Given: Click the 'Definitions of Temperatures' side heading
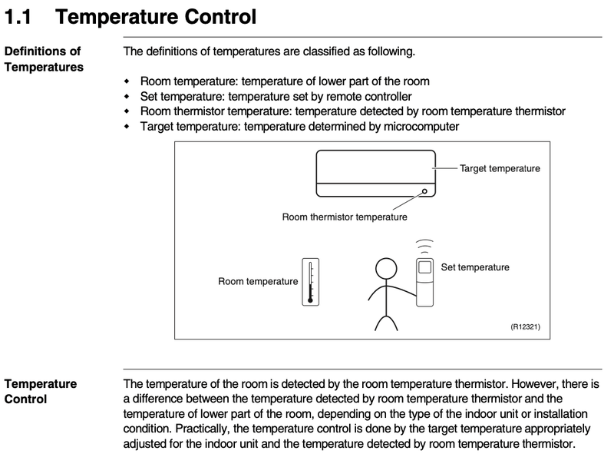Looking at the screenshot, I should (x=43, y=59).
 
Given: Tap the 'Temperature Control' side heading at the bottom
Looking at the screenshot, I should (x=41, y=391).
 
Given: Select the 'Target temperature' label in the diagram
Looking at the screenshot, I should (x=500, y=168).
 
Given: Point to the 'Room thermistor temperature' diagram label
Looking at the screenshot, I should (x=345, y=217).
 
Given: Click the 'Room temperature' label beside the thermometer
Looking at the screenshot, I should (x=258, y=281).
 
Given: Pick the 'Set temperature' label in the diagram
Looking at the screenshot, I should (x=475, y=267).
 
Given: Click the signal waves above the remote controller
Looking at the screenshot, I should (x=424, y=247).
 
